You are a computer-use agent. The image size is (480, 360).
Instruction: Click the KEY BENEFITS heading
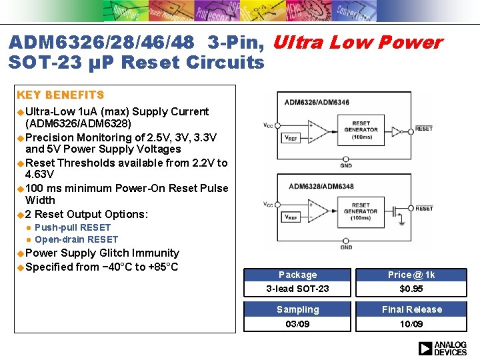click(x=60, y=95)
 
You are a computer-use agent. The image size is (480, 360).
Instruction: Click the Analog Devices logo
click(x=442, y=348)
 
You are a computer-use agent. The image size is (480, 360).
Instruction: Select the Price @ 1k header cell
click(x=411, y=275)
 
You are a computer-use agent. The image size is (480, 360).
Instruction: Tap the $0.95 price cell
click(x=411, y=289)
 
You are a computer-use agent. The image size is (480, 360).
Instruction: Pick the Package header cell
click(x=297, y=275)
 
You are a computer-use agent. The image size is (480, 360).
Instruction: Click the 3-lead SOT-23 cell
click(x=297, y=289)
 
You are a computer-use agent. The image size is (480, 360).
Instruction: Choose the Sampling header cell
click(x=297, y=309)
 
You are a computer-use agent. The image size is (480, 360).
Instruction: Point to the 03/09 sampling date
click(x=297, y=324)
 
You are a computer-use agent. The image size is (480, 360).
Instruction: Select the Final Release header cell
click(x=411, y=309)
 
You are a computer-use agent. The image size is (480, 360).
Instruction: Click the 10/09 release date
click(x=411, y=324)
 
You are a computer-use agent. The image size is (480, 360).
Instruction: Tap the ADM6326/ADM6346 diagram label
click(x=317, y=102)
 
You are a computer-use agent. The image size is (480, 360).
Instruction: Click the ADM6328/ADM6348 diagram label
click(x=321, y=185)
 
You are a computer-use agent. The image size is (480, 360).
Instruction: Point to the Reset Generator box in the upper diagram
click(x=364, y=130)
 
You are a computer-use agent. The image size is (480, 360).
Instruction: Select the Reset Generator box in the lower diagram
click(x=361, y=211)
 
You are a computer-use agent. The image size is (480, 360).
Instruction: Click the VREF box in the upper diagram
click(x=291, y=139)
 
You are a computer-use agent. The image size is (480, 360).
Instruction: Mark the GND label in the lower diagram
click(x=346, y=247)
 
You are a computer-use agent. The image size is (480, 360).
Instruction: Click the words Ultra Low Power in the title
click(x=357, y=43)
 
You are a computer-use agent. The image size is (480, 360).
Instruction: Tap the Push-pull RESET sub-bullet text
click(x=73, y=227)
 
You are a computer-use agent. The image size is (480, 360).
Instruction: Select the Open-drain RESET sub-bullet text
click(x=76, y=239)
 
